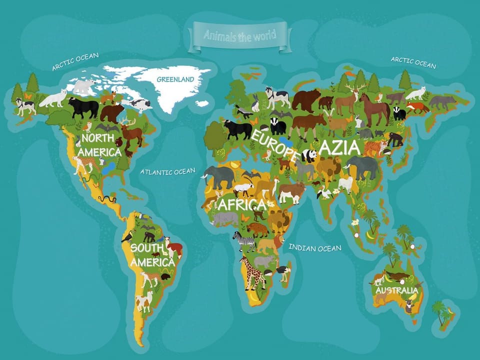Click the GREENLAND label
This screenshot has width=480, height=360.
point(175,79)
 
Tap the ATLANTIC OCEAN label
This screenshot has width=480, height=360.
point(167,172)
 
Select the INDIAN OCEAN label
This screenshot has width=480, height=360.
point(315,247)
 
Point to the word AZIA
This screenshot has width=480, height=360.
point(339,148)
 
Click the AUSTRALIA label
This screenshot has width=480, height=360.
point(396,290)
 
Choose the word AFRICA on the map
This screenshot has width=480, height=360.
point(241,204)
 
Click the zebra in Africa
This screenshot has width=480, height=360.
point(245,241)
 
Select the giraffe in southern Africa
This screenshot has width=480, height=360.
point(253,272)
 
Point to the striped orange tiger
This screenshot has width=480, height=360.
point(375,147)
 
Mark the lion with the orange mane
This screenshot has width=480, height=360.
point(267,244)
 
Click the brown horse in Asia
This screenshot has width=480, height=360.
point(374,110)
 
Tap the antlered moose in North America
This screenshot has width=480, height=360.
point(131,133)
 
